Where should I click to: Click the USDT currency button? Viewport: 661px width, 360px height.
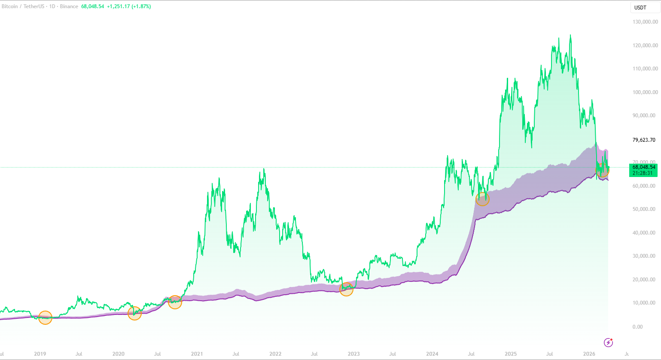pos(640,7)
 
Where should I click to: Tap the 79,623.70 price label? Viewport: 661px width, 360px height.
pos(644,140)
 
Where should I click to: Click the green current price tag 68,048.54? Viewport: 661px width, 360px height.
pos(643,167)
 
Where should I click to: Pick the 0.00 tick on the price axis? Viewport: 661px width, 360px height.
pos(637,326)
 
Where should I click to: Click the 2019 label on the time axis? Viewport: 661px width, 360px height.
pos(40,354)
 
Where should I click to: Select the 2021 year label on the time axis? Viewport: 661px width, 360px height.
pos(197,354)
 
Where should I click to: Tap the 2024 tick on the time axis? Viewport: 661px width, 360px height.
pos(432,354)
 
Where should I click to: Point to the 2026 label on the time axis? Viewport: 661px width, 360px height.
pos(589,354)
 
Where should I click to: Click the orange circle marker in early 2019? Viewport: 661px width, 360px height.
pos(45,317)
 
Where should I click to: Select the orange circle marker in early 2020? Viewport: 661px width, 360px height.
pos(134,314)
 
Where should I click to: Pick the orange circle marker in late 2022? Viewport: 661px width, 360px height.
pos(346,289)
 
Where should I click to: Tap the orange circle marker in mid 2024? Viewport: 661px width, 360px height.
pos(482,199)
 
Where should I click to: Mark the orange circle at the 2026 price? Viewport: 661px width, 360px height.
pos(603,171)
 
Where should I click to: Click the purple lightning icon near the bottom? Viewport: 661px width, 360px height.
pos(608,342)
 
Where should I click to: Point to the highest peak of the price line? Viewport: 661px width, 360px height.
pos(570,35)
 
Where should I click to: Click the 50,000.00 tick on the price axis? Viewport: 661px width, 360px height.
pos(644,209)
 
